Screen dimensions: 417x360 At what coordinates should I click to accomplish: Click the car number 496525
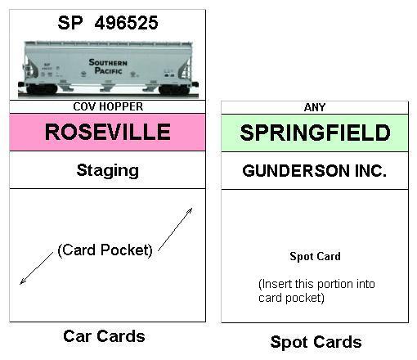(x=126, y=23)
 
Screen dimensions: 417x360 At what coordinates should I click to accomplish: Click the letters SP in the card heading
(x=70, y=23)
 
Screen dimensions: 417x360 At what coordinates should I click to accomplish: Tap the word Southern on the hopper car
(x=108, y=62)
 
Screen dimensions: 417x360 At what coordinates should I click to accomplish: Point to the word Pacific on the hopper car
(x=108, y=70)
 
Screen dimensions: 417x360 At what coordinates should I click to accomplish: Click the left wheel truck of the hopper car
(x=43, y=89)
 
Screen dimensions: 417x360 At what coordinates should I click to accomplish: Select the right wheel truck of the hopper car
(x=174, y=89)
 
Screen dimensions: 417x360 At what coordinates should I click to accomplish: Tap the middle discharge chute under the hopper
(x=106, y=86)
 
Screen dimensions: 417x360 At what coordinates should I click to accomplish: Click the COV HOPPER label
(x=108, y=106)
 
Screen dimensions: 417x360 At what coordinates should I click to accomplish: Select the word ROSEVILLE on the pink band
(x=108, y=132)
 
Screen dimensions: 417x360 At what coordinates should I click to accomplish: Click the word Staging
(x=108, y=171)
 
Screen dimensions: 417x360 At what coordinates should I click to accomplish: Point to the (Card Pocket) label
(x=105, y=250)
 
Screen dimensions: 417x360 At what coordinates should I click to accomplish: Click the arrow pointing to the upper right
(x=175, y=229)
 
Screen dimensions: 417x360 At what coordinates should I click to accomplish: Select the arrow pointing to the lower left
(x=37, y=268)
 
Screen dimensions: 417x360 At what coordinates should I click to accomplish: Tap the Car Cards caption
(x=104, y=336)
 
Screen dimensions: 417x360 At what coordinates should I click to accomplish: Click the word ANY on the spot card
(x=315, y=107)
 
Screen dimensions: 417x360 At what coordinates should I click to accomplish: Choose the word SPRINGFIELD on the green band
(x=315, y=133)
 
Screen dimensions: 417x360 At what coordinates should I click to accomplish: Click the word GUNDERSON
(x=296, y=171)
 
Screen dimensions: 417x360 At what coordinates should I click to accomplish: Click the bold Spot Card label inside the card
(x=315, y=256)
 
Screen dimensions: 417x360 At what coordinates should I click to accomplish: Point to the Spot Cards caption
(x=316, y=342)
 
